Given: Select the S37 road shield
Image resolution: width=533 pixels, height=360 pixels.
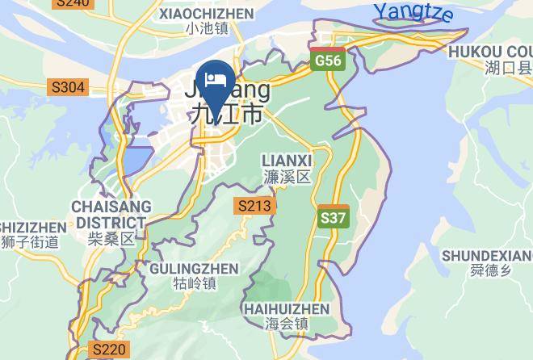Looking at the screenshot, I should [x=334, y=217].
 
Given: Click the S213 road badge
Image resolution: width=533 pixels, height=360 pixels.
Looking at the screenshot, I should [x=254, y=206].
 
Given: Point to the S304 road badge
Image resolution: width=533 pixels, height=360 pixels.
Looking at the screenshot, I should [x=68, y=86].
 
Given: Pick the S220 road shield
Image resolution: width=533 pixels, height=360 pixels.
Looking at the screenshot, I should [x=108, y=350].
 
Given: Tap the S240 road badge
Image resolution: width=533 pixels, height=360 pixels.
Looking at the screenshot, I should [x=73, y=3].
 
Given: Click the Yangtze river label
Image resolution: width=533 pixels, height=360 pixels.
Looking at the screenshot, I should [x=413, y=13].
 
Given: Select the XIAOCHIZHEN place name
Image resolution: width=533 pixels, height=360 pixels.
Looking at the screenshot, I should [x=207, y=14].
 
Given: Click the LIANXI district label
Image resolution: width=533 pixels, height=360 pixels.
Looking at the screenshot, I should [x=287, y=161].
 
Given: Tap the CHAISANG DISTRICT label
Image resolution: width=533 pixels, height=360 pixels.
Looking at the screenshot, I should [x=109, y=215].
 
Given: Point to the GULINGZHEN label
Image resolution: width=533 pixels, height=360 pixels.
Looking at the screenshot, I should [x=195, y=268].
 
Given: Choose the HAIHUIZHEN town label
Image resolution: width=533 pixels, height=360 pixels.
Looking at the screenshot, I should [x=287, y=309].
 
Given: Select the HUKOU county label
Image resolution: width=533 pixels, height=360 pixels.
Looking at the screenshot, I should [x=489, y=50].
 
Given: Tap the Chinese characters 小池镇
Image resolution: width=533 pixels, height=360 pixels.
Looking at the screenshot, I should [x=207, y=29].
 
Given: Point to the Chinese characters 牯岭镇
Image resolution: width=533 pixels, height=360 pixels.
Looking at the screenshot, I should [x=195, y=283].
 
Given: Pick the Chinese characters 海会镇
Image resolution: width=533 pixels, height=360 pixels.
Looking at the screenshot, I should [x=287, y=324].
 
